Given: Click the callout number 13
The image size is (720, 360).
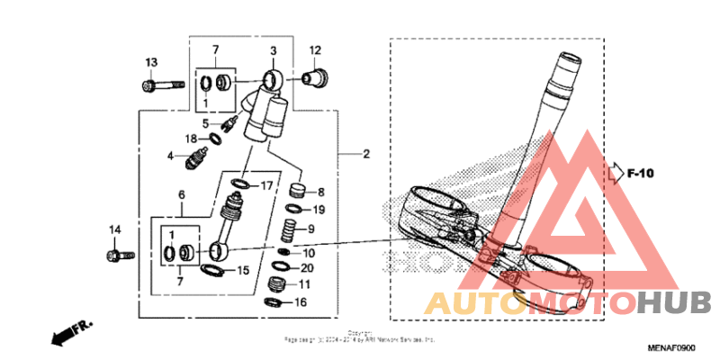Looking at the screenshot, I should click(151, 61).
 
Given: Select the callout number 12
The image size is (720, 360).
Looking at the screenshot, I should click(316, 50).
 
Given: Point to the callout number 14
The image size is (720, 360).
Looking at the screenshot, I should click(115, 230).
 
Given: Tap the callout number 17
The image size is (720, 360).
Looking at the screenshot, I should click(266, 186).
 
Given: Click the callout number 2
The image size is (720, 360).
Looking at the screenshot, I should click(366, 155).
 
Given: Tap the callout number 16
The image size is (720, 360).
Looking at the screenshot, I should click(301, 302).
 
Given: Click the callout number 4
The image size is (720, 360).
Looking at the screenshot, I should click(169, 156).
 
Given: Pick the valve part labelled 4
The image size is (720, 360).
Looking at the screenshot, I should click(192, 161).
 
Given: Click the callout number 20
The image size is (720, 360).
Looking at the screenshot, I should click(307, 268).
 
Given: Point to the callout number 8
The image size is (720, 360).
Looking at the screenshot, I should click(321, 192).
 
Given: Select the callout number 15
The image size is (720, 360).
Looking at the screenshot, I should click(242, 270).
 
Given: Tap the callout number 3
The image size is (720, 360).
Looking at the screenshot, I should click(274, 50).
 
